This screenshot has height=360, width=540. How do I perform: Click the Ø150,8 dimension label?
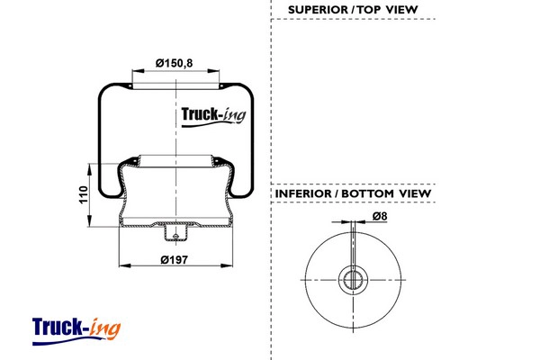tap(174, 63)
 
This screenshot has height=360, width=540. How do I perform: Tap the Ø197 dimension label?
tap(175, 259)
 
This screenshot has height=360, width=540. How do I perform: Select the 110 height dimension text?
tap(84, 194)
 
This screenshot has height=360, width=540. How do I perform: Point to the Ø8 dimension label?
tap(380, 216)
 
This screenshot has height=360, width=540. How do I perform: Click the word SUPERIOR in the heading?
tap(318, 10)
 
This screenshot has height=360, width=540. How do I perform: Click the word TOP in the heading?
tap(369, 10)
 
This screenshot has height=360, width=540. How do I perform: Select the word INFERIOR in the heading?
tap(303, 193)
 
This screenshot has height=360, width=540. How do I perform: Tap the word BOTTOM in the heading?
tap(367, 193)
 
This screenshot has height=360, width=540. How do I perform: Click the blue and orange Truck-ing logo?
tap(76, 331)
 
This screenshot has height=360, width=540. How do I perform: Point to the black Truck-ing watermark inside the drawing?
tap(213, 117)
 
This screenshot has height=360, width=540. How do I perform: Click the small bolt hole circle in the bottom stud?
tap(175, 237)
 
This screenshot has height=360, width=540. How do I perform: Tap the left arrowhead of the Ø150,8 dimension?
tap(138, 71)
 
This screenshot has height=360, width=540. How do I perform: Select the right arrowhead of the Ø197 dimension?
tap(227, 265)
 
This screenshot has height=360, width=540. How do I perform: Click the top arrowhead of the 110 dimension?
tap(89, 169)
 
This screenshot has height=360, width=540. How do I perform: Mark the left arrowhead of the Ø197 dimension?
tap(125, 265)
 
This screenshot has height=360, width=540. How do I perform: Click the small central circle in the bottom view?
tap(353, 280)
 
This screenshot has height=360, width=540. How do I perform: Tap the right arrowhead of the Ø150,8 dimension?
tap(213, 71)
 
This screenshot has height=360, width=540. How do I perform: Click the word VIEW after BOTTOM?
tap(415, 193)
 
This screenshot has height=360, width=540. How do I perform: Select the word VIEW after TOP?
tap(401, 10)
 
